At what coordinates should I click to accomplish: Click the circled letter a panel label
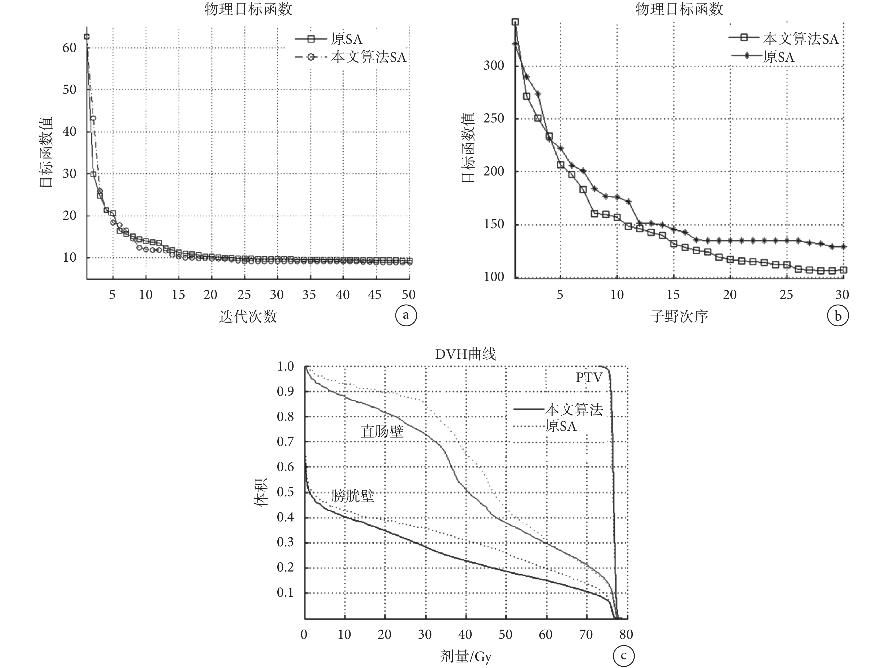pyautogui.click(x=406, y=315)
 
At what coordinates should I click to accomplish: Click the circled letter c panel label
pyautogui.click(x=623, y=656)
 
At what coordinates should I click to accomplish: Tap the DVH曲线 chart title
pyautogui.click(x=465, y=354)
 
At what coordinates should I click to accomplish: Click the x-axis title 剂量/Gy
pyautogui.click(x=465, y=656)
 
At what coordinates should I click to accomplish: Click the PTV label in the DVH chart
pyautogui.click(x=589, y=378)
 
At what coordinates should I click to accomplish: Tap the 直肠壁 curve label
pyautogui.click(x=382, y=432)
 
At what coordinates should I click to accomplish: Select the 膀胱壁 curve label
pyautogui.click(x=352, y=496)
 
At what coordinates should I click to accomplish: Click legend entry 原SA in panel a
pyautogui.click(x=346, y=39)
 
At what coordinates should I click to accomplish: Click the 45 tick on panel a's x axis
pyautogui.click(x=374, y=295)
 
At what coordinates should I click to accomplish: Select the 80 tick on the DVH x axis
pyautogui.click(x=626, y=634)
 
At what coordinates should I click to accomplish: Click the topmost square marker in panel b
pyautogui.click(x=515, y=22)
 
